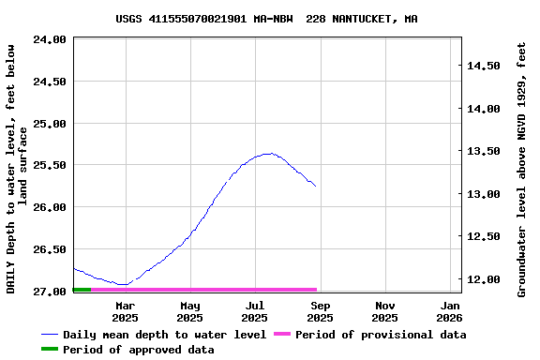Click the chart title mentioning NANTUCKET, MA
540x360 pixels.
pyautogui.click(x=267, y=19)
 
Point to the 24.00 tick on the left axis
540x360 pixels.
pyautogui.click(x=49, y=39)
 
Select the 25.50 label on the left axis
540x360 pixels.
pyautogui.click(x=49, y=165)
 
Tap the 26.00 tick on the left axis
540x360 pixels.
pyautogui.click(x=49, y=207)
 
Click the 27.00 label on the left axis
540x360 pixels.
pyautogui.click(x=49, y=292)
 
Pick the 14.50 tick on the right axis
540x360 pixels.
pyautogui.click(x=484, y=66)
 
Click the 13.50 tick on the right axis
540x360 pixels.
pyautogui.click(x=484, y=151)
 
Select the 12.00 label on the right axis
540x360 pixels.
pyautogui.click(x=484, y=279)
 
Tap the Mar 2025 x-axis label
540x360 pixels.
pyautogui.click(x=126, y=311)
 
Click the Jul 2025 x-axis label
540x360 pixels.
pyautogui.click(x=255, y=311)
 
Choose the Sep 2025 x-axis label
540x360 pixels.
pyautogui.click(x=320, y=311)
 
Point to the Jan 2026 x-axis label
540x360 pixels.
pyautogui.click(x=450, y=311)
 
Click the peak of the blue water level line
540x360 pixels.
pyautogui.click(x=269, y=153)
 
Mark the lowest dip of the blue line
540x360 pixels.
pyautogui.click(x=122, y=284)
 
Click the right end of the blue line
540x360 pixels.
pyautogui.click(x=316, y=187)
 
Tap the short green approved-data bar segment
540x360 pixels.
pyautogui.click(x=82, y=290)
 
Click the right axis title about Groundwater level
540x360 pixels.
pyautogui.click(x=521, y=169)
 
